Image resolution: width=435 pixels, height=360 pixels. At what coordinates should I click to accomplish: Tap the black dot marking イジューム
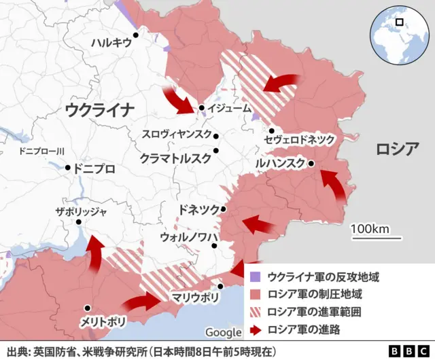tap(202, 108)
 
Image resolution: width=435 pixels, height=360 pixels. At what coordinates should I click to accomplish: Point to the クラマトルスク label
tap(175, 158)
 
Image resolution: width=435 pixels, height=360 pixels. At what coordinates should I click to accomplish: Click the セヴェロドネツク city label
tap(300, 139)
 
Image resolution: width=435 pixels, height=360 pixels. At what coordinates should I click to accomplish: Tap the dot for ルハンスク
tap(311, 164)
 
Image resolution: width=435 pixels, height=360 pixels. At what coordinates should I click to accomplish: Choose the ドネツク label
tap(198, 208)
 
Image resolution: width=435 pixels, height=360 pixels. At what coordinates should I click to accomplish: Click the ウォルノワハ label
tap(188, 236)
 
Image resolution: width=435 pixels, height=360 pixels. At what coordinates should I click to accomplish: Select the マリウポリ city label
tap(195, 297)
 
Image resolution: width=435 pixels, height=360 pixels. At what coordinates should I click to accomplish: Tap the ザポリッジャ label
tap(81, 212)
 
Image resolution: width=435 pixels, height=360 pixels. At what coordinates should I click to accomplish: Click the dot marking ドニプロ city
tap(67, 167)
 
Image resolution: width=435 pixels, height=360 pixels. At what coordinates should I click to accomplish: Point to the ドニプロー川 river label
tap(41, 151)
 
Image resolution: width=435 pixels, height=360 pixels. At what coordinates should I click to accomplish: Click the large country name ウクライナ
tap(100, 109)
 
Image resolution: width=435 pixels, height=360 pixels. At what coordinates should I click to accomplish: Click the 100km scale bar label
tap(370, 228)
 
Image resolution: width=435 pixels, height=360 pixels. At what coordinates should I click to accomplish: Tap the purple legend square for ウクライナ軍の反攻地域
tap(255, 277)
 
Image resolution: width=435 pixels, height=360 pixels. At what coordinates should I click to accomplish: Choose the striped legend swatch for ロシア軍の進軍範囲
tap(255, 312)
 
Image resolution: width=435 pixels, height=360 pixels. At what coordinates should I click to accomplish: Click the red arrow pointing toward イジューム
tap(180, 99)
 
